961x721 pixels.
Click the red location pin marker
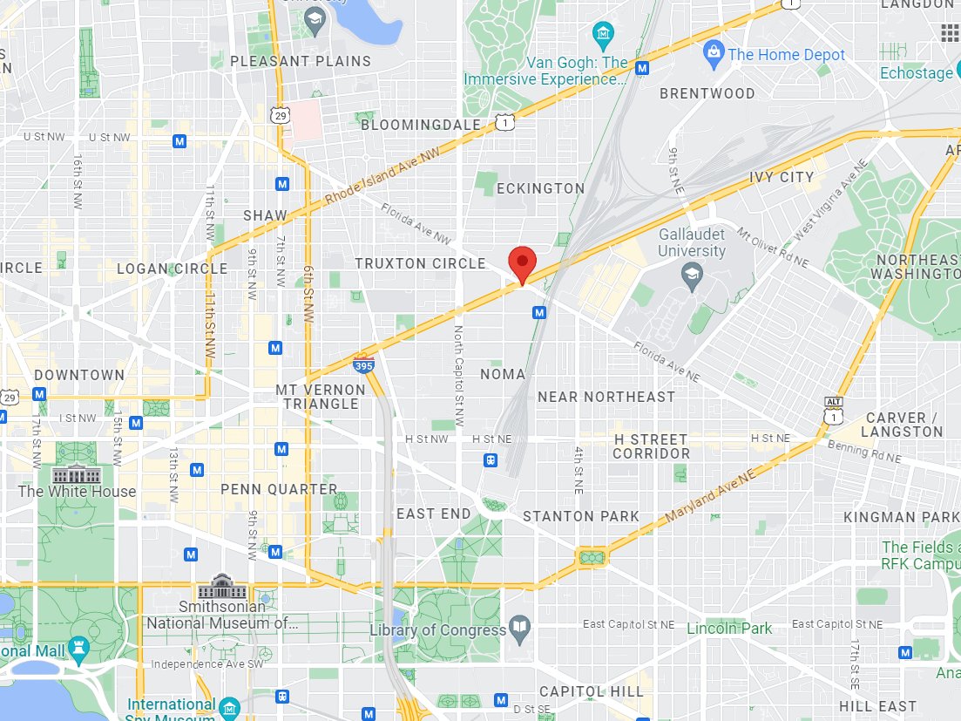pyautogui.click(x=522, y=262)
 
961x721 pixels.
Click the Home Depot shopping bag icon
pyautogui.click(x=714, y=54)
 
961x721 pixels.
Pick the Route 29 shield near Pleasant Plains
pyautogui.click(x=280, y=114)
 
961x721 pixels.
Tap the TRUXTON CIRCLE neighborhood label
pyautogui.click(x=420, y=263)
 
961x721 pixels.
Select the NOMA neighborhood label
pyautogui.click(x=503, y=374)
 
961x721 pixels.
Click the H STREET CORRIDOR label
pyautogui.click(x=651, y=446)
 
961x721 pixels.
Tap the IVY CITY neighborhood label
pyautogui.click(x=782, y=177)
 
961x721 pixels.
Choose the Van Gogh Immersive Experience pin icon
pyautogui.click(x=603, y=37)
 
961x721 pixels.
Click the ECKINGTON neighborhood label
pyautogui.click(x=540, y=188)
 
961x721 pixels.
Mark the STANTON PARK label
pyautogui.click(x=580, y=516)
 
